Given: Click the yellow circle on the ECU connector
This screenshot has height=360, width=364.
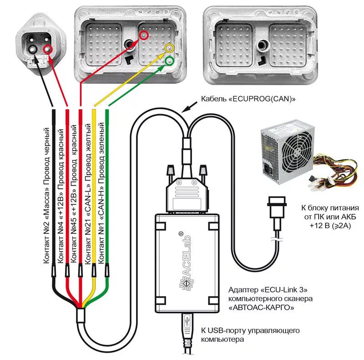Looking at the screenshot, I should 169,48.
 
